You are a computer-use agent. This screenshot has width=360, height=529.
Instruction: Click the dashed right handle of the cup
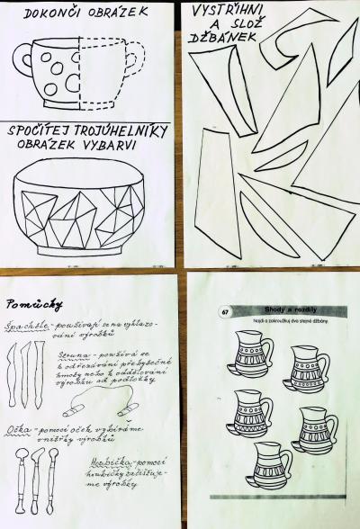[x=134, y=60]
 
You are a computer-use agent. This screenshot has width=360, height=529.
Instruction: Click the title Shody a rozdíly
[x=282, y=309]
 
